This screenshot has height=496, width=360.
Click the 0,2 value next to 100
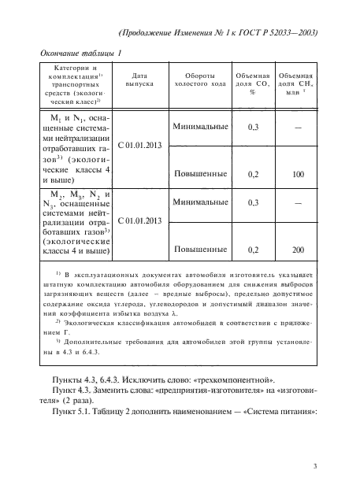[253, 174]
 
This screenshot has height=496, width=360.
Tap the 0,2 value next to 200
[253, 250]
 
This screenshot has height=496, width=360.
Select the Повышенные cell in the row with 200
[197, 250]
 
